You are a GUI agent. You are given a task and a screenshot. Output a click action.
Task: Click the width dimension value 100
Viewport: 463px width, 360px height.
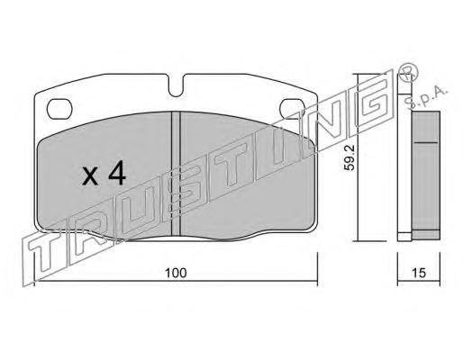pyautogui.click(x=176, y=273)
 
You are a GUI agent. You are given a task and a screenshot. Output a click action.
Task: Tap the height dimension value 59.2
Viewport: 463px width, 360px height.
pyautogui.click(x=350, y=157)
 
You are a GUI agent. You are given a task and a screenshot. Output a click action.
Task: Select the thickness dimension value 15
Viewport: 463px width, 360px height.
pyautogui.click(x=419, y=273)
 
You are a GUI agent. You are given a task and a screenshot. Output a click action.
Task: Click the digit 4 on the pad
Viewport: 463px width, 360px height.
pyautogui.click(x=117, y=173)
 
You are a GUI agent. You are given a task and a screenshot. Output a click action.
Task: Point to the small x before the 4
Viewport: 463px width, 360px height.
pyautogui.click(x=90, y=176)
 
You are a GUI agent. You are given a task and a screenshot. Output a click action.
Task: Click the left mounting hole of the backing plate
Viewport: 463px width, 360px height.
pyautogui.click(x=59, y=109)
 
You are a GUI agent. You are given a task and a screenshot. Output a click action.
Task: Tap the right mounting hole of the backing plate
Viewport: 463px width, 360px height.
pyautogui.click(x=292, y=108)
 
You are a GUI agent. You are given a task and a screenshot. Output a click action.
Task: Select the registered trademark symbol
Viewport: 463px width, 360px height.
pyautogui.click(x=407, y=73)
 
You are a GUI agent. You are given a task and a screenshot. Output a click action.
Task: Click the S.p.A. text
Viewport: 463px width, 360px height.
pyautogui.click(x=426, y=96)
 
